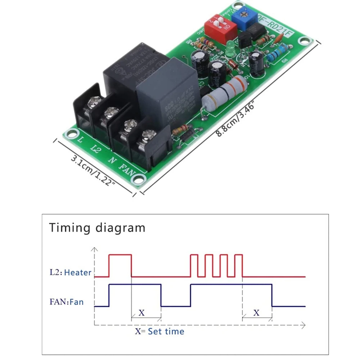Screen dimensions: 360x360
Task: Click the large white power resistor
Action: tap(224, 93)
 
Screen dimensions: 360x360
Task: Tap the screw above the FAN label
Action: tap(148, 136)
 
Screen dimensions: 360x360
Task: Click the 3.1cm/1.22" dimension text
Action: tap(93, 170)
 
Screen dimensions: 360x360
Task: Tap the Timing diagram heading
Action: tap(97, 228)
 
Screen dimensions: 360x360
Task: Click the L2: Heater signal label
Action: tap(71, 273)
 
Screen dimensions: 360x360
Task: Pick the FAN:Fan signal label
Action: tap(67, 302)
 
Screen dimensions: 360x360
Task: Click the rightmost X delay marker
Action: tap(256, 313)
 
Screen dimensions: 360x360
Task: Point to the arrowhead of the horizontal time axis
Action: tap(303, 325)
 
